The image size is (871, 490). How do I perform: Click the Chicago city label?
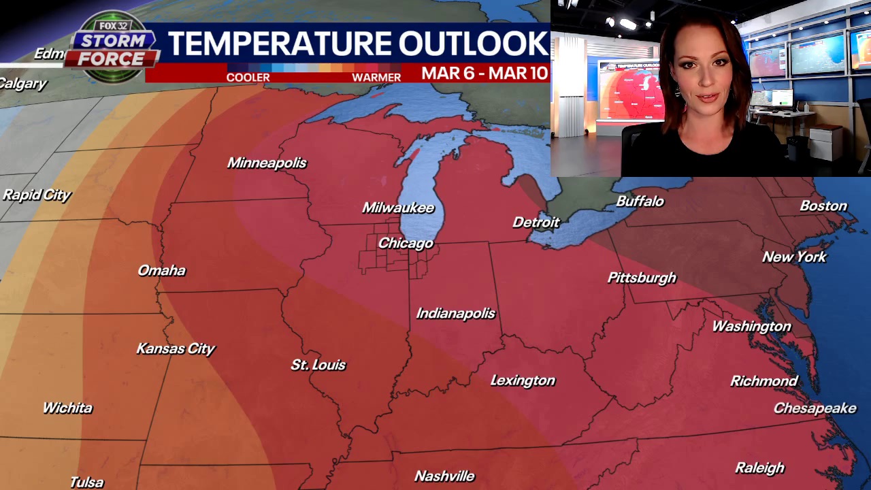pyautogui.click(x=406, y=243)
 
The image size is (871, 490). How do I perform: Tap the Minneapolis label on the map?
pyautogui.click(x=267, y=163)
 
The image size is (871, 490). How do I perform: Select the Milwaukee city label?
pyautogui.click(x=398, y=208)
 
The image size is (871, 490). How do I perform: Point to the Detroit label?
pyautogui.click(x=536, y=223)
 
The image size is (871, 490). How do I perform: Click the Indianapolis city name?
pyautogui.click(x=456, y=313)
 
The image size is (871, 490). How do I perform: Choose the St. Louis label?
pyautogui.click(x=318, y=365)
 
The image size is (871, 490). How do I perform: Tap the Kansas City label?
pyautogui.click(x=176, y=348)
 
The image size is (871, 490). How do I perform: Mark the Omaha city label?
pyautogui.click(x=161, y=270)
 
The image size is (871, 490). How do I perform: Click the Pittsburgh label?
pyautogui.click(x=642, y=278)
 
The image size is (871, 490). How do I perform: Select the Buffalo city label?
pyautogui.click(x=640, y=201)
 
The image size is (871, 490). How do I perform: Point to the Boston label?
pyautogui.click(x=823, y=206)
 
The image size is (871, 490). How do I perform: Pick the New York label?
pyautogui.click(x=794, y=257)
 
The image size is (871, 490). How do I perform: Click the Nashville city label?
pyautogui.click(x=444, y=476)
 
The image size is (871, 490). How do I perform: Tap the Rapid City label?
pyautogui.click(x=37, y=195)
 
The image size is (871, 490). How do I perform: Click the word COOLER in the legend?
pyautogui.click(x=248, y=78)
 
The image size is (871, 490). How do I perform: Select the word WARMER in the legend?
pyautogui.click(x=376, y=78)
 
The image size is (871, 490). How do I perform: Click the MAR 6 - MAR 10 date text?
pyautogui.click(x=484, y=73)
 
